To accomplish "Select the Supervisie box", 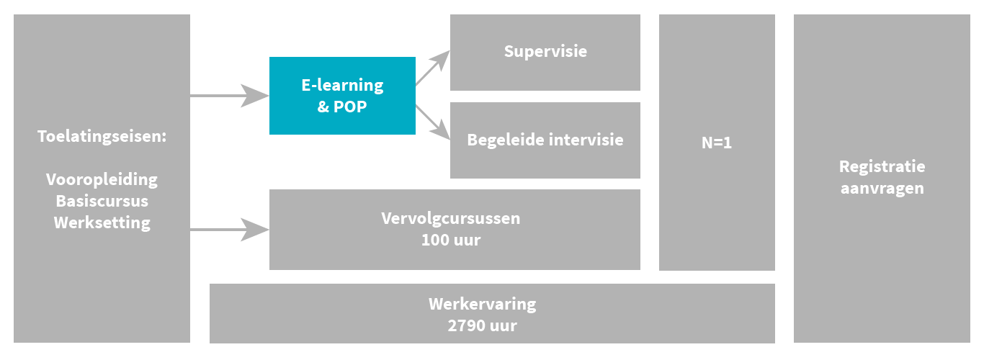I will click(x=545, y=52).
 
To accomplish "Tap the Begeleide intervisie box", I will click(x=545, y=140).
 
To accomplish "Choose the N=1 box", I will click(x=717, y=143).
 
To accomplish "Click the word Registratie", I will click(x=882, y=166).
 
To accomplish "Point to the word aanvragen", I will click(x=882, y=189).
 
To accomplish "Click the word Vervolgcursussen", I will click(x=450, y=218).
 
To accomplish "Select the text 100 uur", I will click(x=450, y=240).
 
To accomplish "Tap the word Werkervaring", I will click(x=482, y=303).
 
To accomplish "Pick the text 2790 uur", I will click(x=482, y=325).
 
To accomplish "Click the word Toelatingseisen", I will click(x=101, y=135).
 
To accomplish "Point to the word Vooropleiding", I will click(x=102, y=179).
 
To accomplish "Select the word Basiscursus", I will click(x=102, y=200).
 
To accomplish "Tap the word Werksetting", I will click(x=102, y=222).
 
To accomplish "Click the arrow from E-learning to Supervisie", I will click(x=432, y=69).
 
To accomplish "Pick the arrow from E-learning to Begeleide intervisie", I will click(x=432, y=121).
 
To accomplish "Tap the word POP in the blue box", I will click(x=351, y=107).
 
